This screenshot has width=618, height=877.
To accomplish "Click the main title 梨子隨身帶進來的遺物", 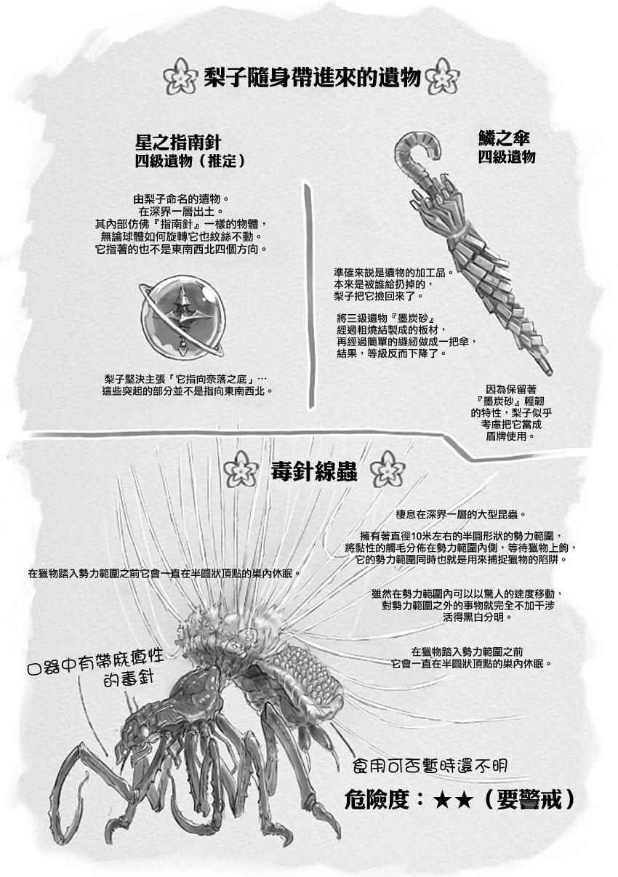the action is tap(311, 78).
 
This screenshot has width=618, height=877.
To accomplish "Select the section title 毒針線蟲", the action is tap(314, 473).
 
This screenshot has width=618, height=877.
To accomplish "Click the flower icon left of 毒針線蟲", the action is tap(241, 468).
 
